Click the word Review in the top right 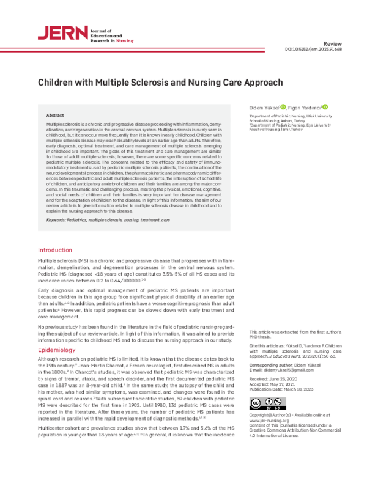coord(333,45)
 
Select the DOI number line coord(313,51)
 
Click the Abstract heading coord(55,115)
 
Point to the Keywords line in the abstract coord(108,218)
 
